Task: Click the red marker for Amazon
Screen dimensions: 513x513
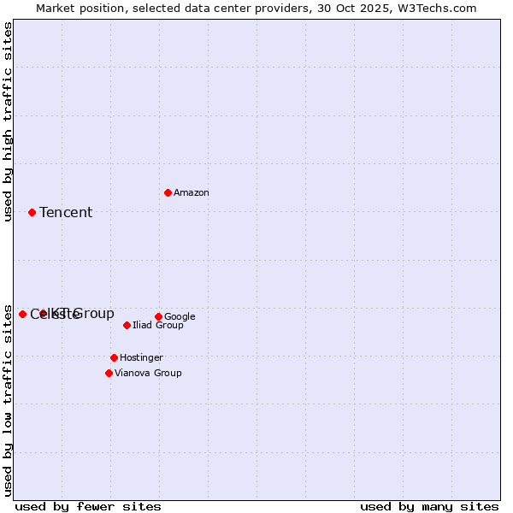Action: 168,192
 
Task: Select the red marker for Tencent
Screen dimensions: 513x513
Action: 32,212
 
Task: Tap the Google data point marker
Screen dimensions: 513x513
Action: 158,316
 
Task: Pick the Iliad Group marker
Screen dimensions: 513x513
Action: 127,325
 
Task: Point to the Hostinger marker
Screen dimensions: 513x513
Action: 114,357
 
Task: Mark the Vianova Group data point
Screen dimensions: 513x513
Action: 109,373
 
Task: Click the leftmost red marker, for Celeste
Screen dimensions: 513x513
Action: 22,314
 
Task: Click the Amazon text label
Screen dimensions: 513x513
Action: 192,193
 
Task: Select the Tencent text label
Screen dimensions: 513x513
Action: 66,213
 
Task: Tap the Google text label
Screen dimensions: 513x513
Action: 180,317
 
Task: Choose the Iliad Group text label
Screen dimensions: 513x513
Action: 158,326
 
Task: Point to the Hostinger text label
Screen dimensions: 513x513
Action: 141,358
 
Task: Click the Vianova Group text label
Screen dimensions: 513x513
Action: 148,374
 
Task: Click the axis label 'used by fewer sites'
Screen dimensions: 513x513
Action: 88,506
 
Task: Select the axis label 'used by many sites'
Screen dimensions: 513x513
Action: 429,506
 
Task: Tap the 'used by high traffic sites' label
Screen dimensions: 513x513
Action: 9,121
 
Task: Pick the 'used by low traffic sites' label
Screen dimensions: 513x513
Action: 9,399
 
